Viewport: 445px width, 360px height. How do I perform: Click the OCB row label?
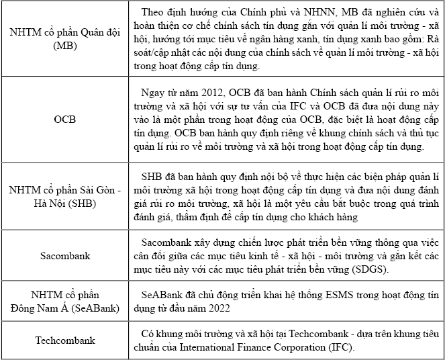65,120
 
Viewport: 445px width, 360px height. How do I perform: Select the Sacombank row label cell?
65,257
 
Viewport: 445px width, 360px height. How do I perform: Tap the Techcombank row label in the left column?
65,341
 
